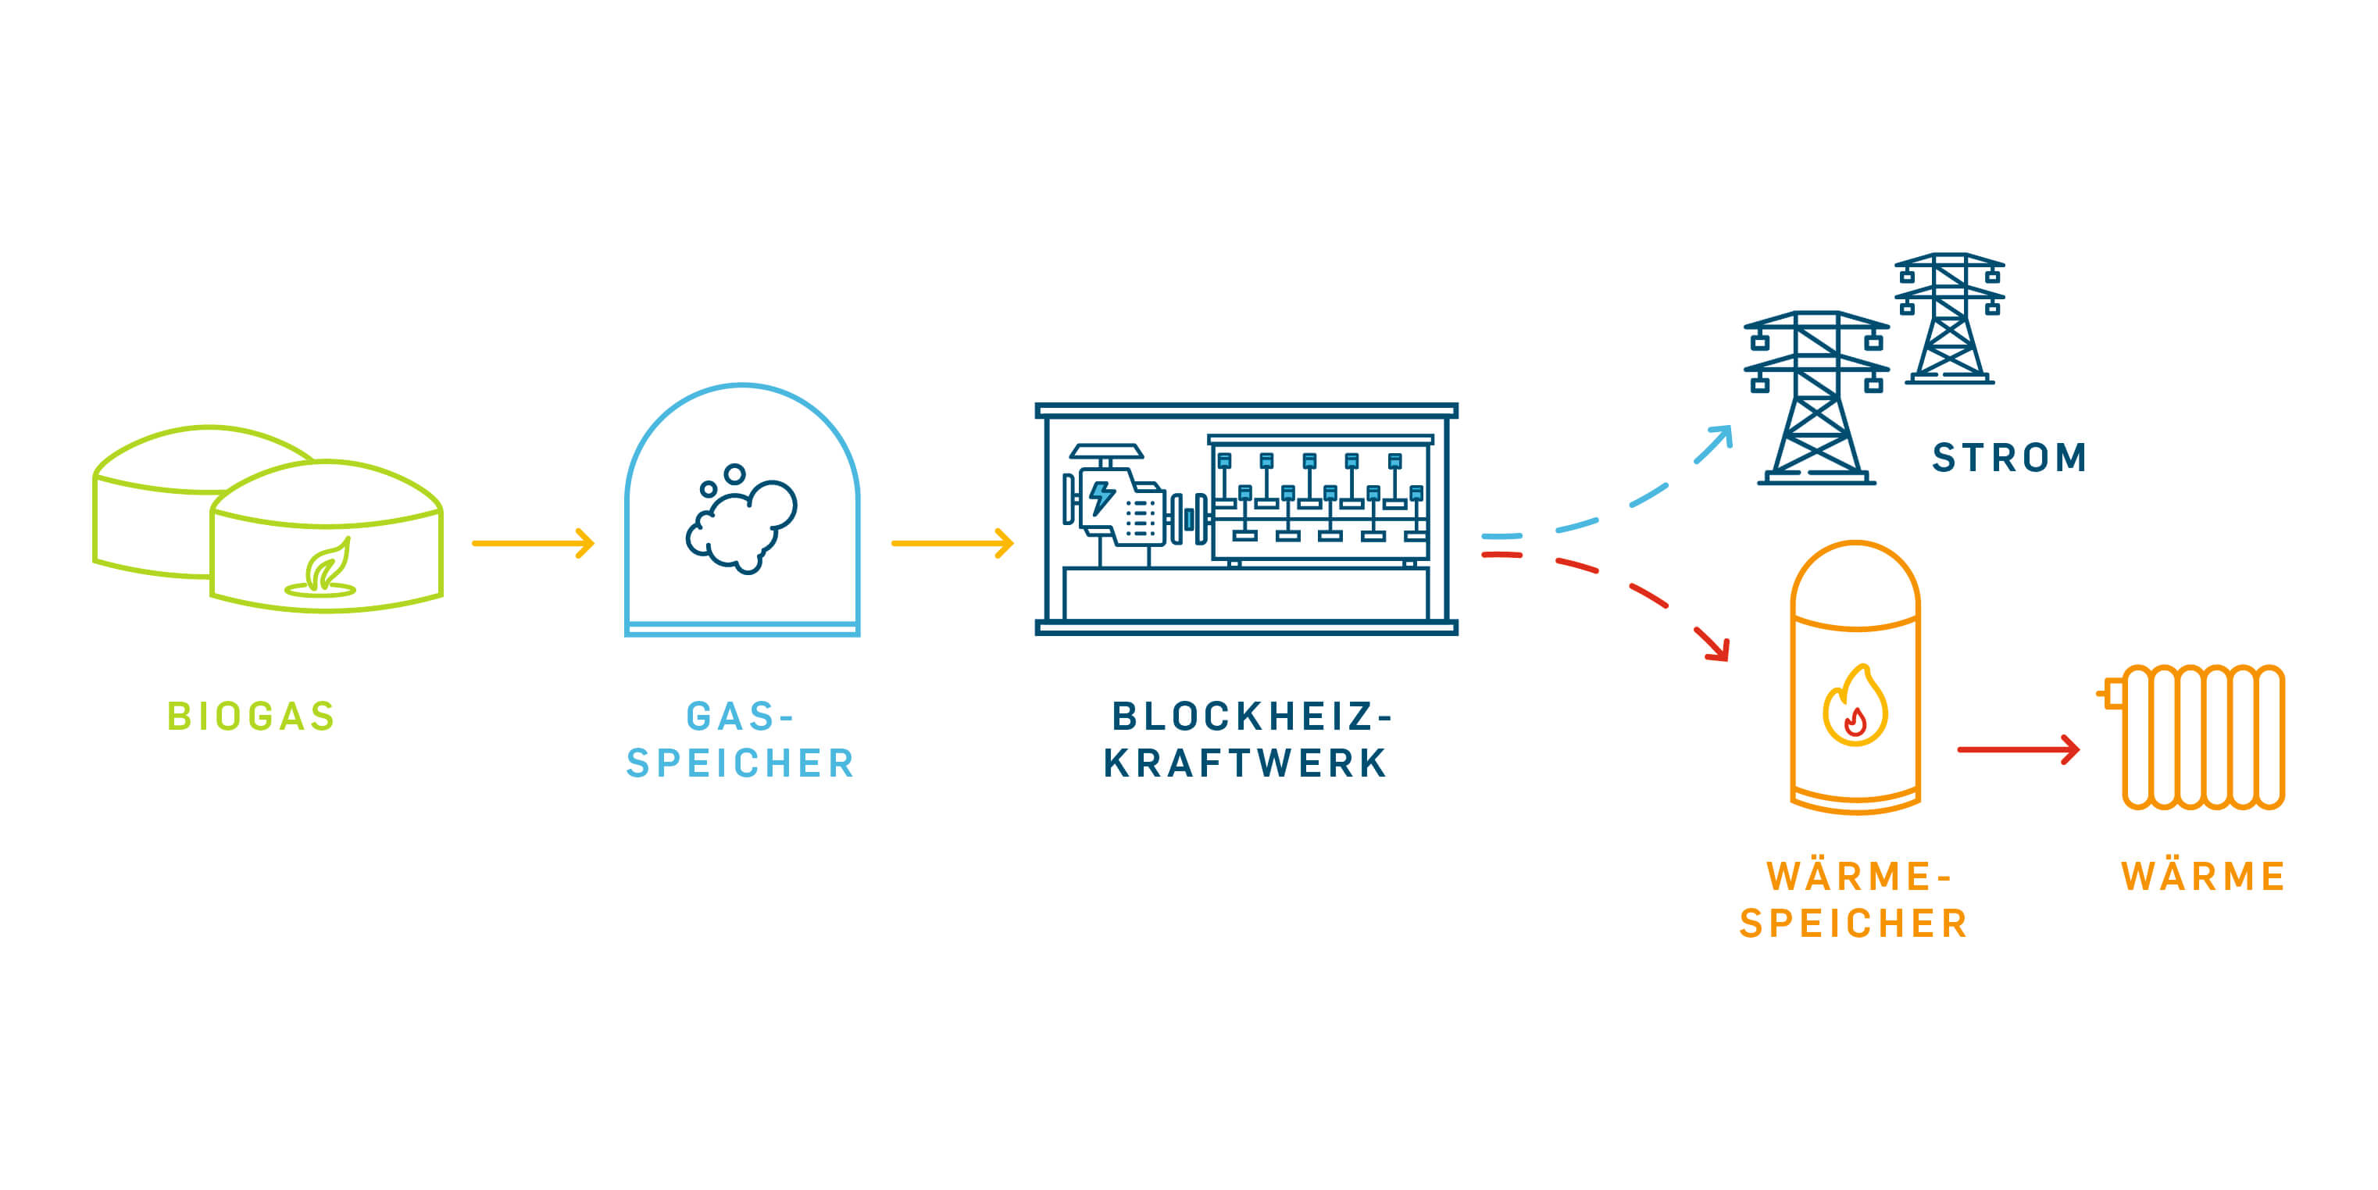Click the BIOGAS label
coord(251,717)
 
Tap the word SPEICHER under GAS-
coord(741,763)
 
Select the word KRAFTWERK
coord(1245,763)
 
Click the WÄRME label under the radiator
coord(2202,876)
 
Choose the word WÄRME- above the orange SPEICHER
coord(1858,876)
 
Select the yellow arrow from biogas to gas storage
coord(533,543)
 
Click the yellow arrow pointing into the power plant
coord(952,543)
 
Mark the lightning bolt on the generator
coord(1101,497)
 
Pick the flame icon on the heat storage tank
coord(1855,708)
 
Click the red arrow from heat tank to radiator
coord(2018,749)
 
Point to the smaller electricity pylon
coord(1949,319)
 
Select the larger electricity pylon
coord(1816,397)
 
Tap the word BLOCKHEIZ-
coord(1251,717)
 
